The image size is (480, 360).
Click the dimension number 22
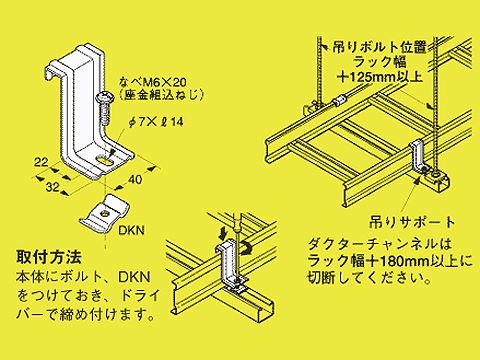[x=41, y=163]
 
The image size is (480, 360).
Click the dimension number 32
[x=53, y=187]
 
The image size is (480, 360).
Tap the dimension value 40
[x=135, y=180]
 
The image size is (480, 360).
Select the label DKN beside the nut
[x=132, y=230]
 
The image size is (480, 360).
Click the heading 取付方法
[x=49, y=257]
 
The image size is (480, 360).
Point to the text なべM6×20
[x=153, y=82]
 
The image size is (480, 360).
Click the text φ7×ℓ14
[x=156, y=122]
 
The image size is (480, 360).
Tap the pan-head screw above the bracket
[x=105, y=108]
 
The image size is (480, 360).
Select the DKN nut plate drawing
[x=104, y=214]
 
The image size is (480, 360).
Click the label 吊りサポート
[x=412, y=222]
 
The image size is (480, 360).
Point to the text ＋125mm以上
[x=380, y=77]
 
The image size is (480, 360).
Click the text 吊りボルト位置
[x=380, y=47]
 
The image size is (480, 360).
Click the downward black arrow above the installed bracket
[x=223, y=233]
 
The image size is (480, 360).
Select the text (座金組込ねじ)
[x=162, y=96]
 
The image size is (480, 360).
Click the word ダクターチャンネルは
[x=380, y=244]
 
